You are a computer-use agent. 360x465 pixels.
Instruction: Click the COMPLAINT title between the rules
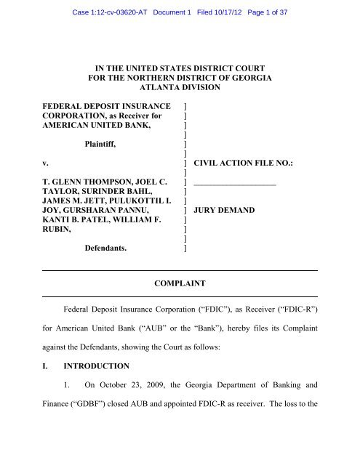[180, 281]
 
